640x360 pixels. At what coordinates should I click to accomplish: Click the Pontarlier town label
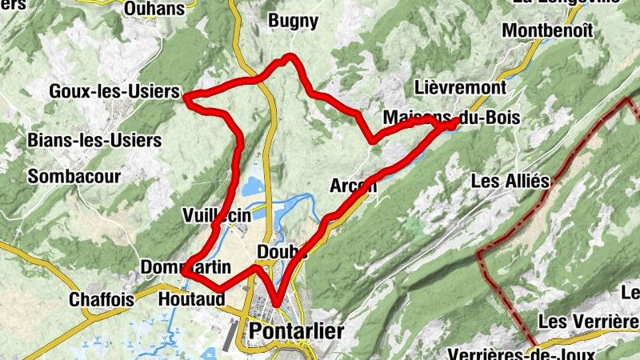coord(297,331)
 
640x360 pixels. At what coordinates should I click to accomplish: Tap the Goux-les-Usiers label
coord(114,92)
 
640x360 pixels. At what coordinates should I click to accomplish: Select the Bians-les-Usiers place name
coord(94,141)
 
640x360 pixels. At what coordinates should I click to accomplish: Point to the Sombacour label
coord(74,176)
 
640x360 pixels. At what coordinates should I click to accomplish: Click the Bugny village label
coord(294,22)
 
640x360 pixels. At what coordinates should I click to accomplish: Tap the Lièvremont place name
coord(461,87)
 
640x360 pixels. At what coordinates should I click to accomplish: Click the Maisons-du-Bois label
coord(452,118)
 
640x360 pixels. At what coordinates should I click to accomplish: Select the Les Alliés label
coord(510,182)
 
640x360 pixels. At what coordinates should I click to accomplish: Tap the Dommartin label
coord(179,266)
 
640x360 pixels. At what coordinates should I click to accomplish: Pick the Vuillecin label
coord(217,215)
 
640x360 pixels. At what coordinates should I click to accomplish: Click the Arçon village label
coord(353,186)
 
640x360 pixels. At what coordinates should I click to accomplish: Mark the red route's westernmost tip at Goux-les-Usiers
coord(186,98)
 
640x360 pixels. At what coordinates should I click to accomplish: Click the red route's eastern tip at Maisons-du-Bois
coord(457,122)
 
